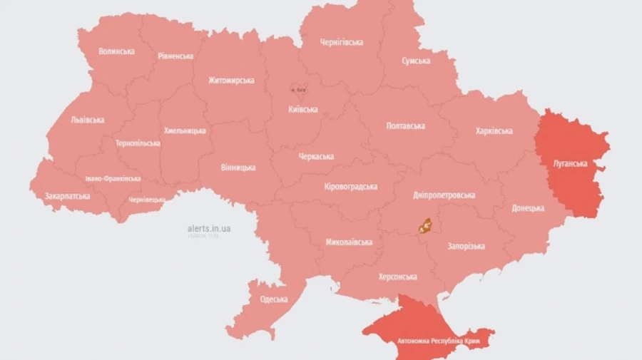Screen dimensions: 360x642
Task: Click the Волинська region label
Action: tap(116, 51)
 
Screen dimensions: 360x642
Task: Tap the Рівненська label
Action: tap(175, 56)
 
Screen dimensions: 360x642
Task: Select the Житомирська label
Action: tap(231, 80)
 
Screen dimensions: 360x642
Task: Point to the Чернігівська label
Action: tap(340, 42)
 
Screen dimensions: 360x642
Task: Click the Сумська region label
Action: tap(415, 61)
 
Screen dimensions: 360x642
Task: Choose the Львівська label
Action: tap(87, 120)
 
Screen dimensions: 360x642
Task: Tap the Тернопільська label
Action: tap(138, 143)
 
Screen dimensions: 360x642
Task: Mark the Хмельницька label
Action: tap(185, 130)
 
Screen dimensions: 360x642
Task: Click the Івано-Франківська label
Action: tap(112, 178)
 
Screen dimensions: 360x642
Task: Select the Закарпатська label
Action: tap(67, 195)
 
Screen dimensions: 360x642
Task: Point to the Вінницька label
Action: tap(237, 168)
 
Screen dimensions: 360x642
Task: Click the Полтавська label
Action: tap(405, 125)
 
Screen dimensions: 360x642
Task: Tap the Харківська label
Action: tap(494, 130)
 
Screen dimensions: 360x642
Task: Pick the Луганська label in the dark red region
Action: tap(570, 163)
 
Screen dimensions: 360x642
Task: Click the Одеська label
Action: tap(274, 299)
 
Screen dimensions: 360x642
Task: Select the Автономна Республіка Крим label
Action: tap(427, 340)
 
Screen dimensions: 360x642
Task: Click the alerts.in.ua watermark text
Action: tap(208, 228)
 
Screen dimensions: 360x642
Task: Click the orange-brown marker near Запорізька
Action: tap(426, 227)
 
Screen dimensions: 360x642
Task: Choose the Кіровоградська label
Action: tap(350, 186)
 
